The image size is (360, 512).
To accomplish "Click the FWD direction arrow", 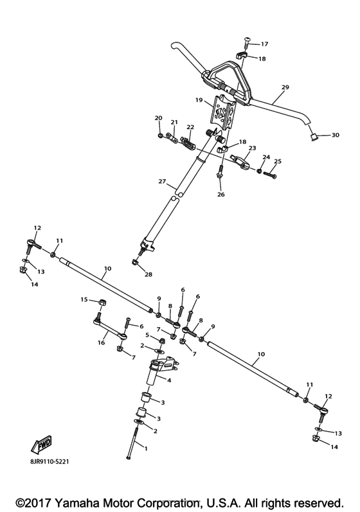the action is [x=42, y=445].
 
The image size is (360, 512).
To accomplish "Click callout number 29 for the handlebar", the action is [x=285, y=87].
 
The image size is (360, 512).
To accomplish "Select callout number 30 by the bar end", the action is [x=335, y=135].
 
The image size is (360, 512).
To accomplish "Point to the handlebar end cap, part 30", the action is [x=314, y=136].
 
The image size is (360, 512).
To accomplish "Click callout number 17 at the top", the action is [x=264, y=44].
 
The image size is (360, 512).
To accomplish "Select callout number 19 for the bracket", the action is [x=199, y=100].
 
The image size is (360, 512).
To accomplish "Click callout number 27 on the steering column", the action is [x=163, y=181].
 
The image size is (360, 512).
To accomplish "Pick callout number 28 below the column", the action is [x=148, y=274].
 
